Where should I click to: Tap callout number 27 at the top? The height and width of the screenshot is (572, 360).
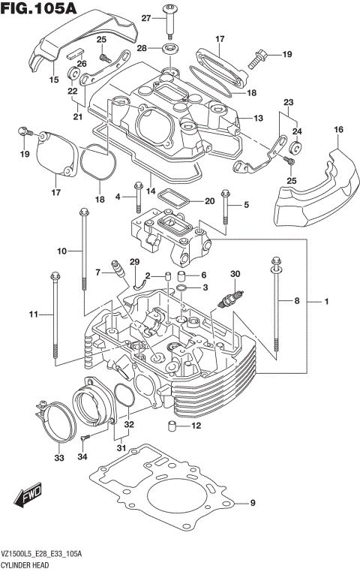click(x=147, y=17)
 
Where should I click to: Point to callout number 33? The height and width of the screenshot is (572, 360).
click(x=59, y=457)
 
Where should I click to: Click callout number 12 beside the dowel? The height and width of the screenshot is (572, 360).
click(x=196, y=426)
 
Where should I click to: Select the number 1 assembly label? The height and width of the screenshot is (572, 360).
click(x=326, y=301)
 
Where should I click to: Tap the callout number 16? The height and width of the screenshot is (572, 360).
click(x=339, y=131)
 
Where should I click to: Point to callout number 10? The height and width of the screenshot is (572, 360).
click(x=62, y=249)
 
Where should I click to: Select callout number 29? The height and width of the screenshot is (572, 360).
click(x=135, y=261)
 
